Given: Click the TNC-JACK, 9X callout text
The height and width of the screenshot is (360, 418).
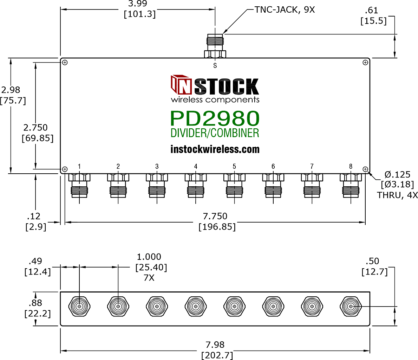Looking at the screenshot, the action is [285, 10].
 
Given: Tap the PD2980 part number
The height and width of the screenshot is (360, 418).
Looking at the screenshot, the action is [215, 118].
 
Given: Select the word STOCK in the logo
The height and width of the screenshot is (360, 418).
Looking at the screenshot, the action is [226, 86].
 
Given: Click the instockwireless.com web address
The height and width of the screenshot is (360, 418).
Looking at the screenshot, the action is [215, 149].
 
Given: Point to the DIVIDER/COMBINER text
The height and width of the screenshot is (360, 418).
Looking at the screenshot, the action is [215, 133].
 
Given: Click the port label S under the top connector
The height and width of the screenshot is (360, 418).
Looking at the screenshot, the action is [215, 65].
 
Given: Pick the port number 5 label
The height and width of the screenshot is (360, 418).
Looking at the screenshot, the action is [234, 167].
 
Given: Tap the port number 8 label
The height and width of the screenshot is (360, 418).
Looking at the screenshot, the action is [351, 167].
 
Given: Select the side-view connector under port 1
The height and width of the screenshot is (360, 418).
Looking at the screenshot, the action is [79, 186].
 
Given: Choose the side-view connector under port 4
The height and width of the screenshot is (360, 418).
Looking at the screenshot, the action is [196, 186].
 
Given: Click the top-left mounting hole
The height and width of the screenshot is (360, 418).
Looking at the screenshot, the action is [65, 63].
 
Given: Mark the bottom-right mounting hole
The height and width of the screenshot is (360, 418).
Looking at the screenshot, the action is [365, 169].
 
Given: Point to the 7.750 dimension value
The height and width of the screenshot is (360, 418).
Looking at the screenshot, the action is [215, 216].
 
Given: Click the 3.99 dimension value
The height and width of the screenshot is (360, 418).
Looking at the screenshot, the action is [138, 4].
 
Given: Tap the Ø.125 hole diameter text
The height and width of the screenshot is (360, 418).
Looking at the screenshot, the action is [397, 174].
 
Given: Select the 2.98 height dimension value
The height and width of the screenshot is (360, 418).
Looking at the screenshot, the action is [11, 90].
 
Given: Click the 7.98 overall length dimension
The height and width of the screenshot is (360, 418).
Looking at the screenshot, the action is [215, 345].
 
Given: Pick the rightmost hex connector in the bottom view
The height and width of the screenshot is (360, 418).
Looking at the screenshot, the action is [351, 306].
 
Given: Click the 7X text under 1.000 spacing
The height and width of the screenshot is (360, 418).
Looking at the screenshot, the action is [149, 278].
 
